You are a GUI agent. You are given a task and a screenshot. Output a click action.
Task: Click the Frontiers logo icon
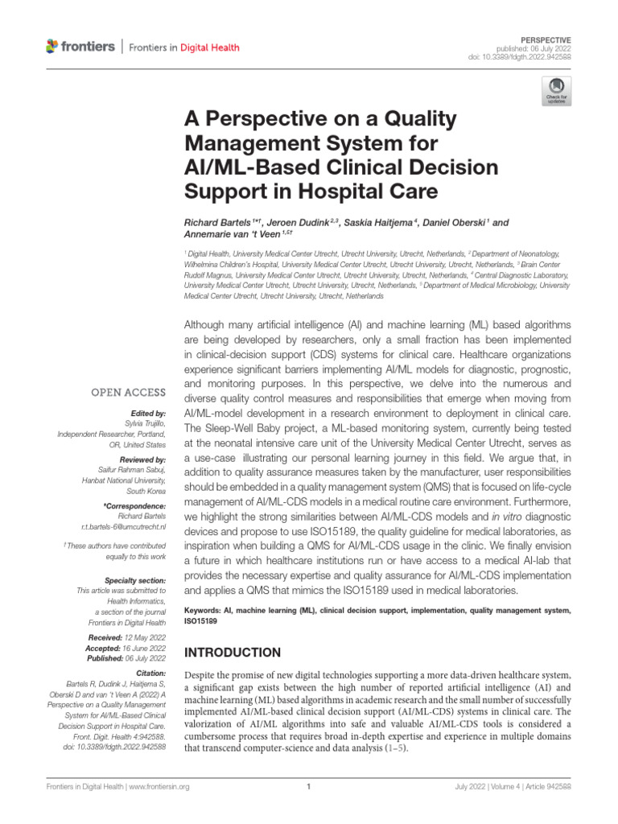click(x=52, y=47)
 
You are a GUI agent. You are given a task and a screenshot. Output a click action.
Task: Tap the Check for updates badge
click(x=557, y=92)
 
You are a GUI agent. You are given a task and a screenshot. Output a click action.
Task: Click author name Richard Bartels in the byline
click(x=213, y=220)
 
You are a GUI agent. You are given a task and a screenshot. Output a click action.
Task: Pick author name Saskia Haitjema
click(x=375, y=220)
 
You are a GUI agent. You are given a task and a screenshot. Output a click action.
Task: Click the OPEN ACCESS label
click(x=132, y=393)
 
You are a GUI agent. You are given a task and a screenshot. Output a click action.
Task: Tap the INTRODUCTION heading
click(x=233, y=652)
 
